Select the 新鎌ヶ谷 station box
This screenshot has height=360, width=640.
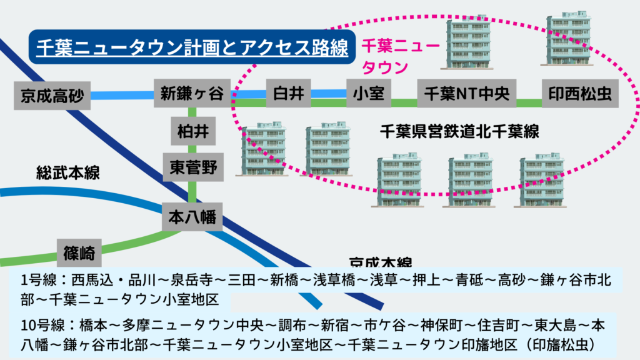click(191, 94)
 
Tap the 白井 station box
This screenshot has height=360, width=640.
click(288, 94)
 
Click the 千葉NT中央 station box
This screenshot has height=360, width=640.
click(467, 94)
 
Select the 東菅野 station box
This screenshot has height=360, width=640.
click(193, 167)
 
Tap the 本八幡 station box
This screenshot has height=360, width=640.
click(192, 217)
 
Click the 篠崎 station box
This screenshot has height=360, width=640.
click(79, 253)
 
